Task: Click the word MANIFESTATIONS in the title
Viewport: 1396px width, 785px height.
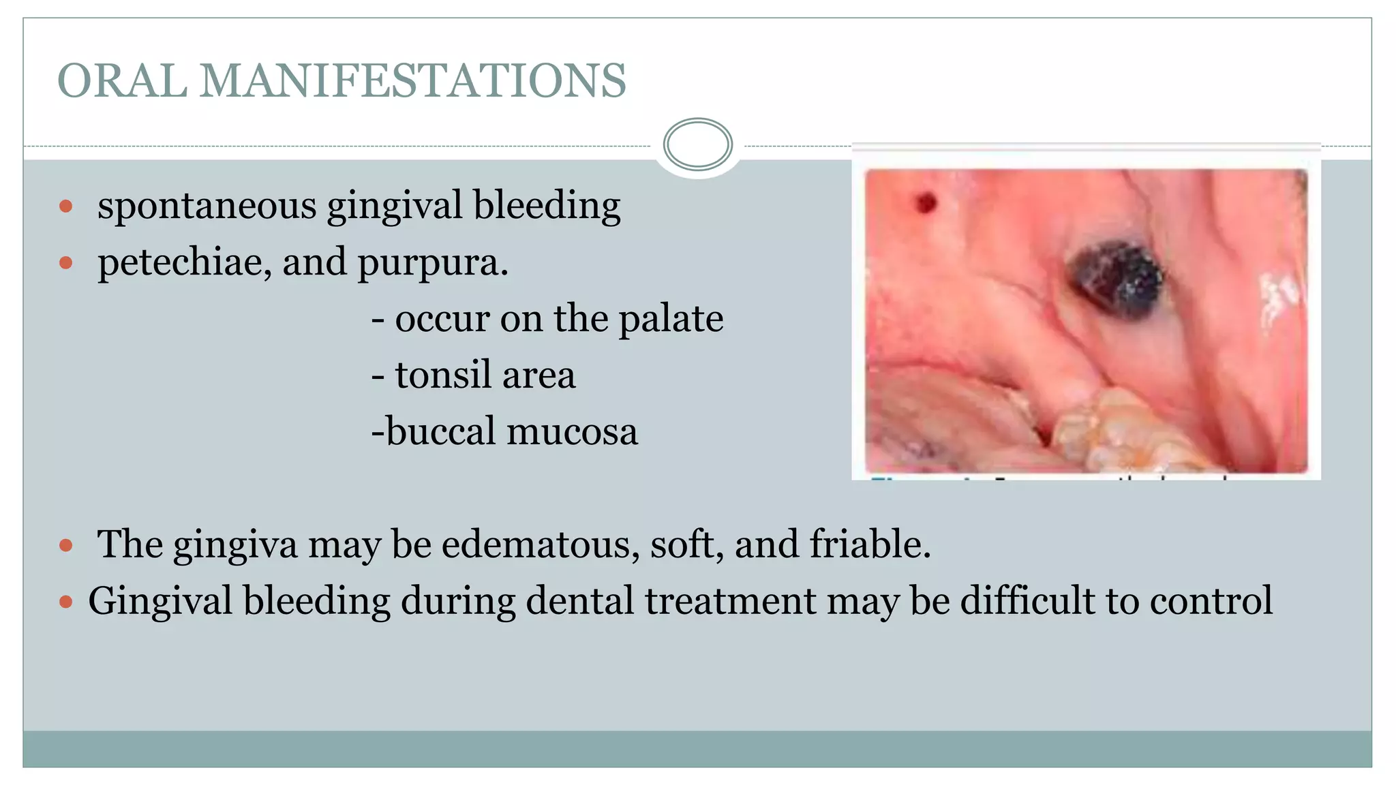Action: coord(412,81)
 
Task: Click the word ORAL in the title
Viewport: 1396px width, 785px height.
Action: coord(123,81)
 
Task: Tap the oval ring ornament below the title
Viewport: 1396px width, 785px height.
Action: coord(697,144)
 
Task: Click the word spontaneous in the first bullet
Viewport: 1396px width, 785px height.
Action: coord(207,206)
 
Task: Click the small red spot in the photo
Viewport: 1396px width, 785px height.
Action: coord(925,202)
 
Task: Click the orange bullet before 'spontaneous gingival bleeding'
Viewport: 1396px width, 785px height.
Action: coord(66,206)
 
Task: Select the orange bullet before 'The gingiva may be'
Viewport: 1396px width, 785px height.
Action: coord(66,545)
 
